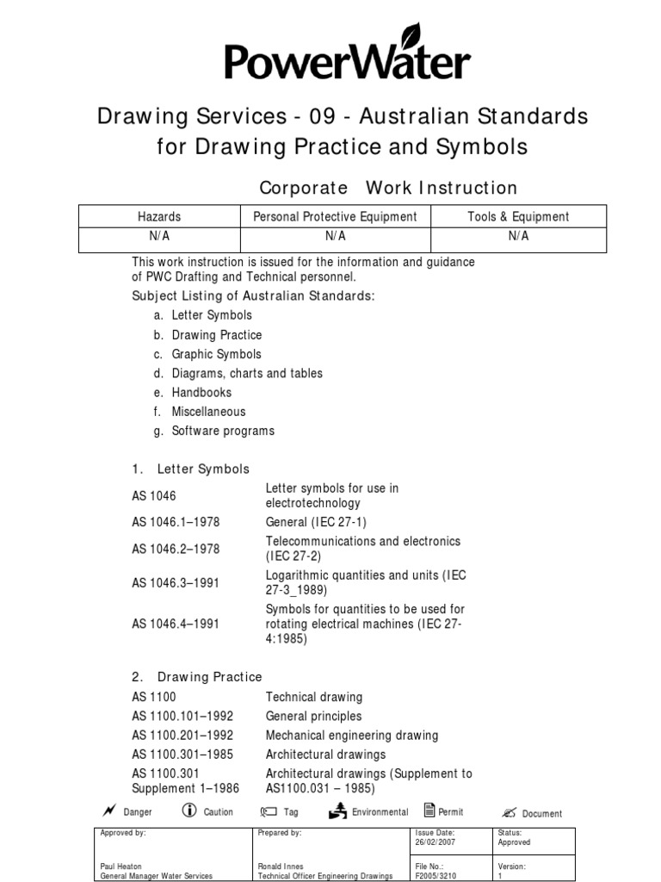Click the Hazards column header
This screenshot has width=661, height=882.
point(159,217)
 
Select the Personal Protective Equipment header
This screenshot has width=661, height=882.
point(335,217)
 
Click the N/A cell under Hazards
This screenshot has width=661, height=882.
point(159,236)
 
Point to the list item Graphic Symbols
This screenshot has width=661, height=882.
point(216,354)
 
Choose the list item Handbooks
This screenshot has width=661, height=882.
point(201,392)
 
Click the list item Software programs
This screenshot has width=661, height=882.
point(223,431)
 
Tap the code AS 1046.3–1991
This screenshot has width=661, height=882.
point(176,583)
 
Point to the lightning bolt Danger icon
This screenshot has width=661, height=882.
point(108,811)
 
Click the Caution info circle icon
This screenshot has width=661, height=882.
point(189,811)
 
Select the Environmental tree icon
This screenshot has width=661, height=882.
point(338,810)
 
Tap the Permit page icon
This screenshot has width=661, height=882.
point(429,810)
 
